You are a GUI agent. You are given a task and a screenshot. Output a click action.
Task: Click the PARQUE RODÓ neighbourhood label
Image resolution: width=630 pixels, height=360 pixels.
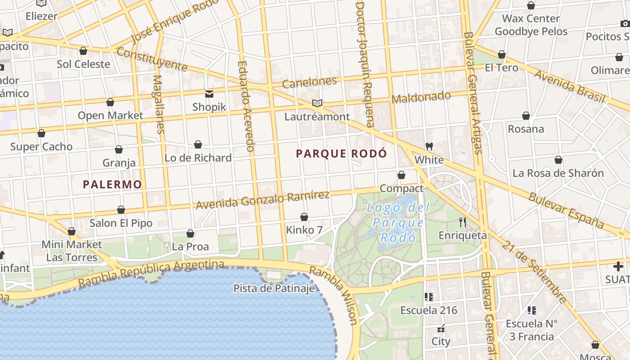coord(341,154)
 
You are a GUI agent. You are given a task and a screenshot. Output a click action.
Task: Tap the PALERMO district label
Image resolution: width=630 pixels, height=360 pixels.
coord(112,184)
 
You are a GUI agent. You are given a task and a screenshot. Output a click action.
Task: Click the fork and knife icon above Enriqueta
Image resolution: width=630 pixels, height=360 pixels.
coord(462,222)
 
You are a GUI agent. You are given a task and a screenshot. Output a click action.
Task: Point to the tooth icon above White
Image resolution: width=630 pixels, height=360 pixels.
coord(429,147)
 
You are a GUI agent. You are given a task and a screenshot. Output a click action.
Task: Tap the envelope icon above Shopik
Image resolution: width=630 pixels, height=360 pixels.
coord(209,94)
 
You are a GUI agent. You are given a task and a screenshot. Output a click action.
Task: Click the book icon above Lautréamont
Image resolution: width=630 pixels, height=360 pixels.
coord(317,103)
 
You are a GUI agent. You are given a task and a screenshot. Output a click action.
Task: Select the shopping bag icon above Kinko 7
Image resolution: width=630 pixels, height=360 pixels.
coord(304,217)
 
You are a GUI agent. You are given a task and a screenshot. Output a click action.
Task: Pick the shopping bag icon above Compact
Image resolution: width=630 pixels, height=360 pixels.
coord(401,175)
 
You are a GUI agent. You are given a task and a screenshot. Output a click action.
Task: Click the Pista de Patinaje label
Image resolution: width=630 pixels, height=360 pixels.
coord(274,288)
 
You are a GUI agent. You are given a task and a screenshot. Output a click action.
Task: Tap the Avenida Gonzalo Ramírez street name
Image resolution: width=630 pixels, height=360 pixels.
coord(263,199)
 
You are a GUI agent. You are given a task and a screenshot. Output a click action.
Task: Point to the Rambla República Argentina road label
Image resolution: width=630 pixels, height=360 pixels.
coord(151,273)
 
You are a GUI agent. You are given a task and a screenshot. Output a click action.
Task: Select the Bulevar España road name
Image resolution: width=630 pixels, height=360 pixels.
coord(566,210)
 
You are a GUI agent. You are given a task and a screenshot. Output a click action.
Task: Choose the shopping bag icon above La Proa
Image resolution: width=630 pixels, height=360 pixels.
coord(190,234)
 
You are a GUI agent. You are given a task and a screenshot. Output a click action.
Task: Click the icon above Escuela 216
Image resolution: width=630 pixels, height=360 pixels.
coord(429,297)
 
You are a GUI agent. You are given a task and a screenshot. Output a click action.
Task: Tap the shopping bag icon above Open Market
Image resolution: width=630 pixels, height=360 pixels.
coord(110,102)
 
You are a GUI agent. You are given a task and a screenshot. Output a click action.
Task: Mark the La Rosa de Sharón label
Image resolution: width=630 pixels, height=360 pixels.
coord(558,173)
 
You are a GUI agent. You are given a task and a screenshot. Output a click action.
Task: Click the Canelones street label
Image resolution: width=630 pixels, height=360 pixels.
coord(310,82)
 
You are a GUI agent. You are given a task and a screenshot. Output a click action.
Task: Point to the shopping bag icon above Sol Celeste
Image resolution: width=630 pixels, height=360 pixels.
coord(83,51)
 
